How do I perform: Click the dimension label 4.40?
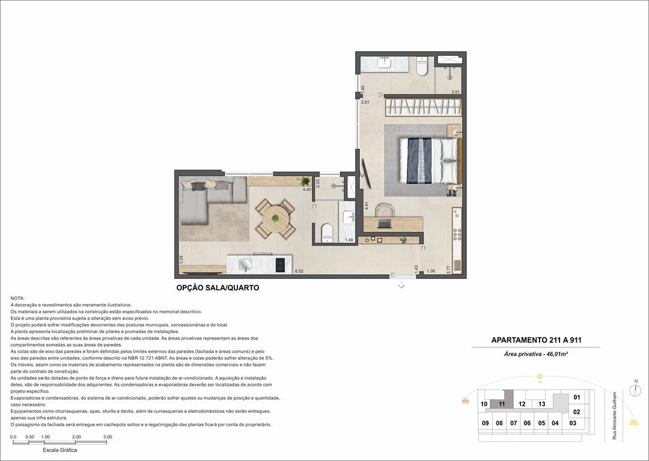[306, 190]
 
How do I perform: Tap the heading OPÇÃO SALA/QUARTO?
[218, 288]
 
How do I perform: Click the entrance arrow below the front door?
[401, 285]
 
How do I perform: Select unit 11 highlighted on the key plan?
[501, 405]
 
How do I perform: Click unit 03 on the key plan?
[573, 423]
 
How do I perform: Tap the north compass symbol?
[635, 390]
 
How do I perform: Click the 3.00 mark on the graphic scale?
[108, 437]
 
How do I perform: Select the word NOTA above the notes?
[17, 299]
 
